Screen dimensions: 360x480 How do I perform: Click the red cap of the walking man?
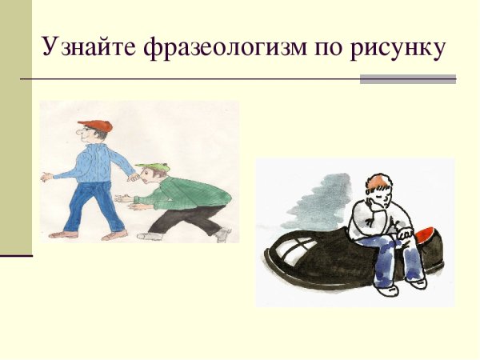(x=97, y=126)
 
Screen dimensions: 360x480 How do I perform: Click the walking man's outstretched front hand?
(x=47, y=177)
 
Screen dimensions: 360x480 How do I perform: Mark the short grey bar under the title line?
(x=407, y=78)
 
